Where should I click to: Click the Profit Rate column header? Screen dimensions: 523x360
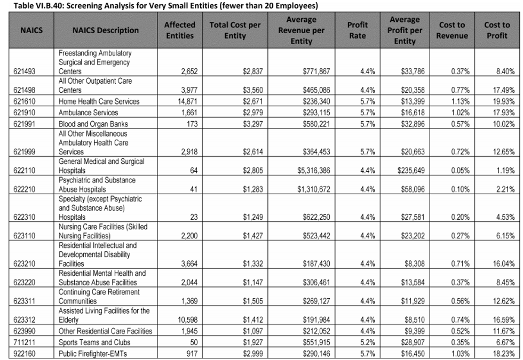pyautogui.click(x=357, y=30)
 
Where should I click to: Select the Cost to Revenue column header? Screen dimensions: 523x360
pyautogui.click(x=452, y=30)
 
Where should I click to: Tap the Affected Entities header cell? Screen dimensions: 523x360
pyautogui.click(x=180, y=30)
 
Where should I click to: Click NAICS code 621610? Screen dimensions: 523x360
pyautogui.click(x=25, y=101)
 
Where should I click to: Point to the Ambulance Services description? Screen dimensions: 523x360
pyautogui.click(x=89, y=113)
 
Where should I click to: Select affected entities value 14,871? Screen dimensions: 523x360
pyautogui.click(x=188, y=101)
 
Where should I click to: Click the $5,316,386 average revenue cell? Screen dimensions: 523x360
pyautogui.click(x=314, y=171)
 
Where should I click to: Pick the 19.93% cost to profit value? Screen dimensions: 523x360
pyautogui.click(x=504, y=101)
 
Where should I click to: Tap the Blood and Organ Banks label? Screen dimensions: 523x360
pyautogui.click(x=93, y=124)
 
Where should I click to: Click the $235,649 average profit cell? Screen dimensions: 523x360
pyautogui.click(x=411, y=171)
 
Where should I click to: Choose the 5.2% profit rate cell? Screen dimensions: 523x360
pyautogui.click(x=368, y=342)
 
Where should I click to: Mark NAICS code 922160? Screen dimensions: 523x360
pyautogui.click(x=25, y=354)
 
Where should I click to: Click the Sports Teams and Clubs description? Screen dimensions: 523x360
pyautogui.click(x=94, y=342)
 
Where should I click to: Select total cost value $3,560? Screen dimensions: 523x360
pyautogui.click(x=253, y=90)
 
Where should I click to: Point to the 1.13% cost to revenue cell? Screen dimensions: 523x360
pyautogui.click(x=460, y=101)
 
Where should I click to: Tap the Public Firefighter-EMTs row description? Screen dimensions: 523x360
pyautogui.click(x=93, y=354)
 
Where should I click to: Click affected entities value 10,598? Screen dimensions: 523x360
pyautogui.click(x=188, y=319)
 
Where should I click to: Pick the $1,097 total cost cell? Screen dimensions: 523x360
pyautogui.click(x=253, y=331)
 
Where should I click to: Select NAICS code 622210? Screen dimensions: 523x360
pyautogui.click(x=25, y=189)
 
